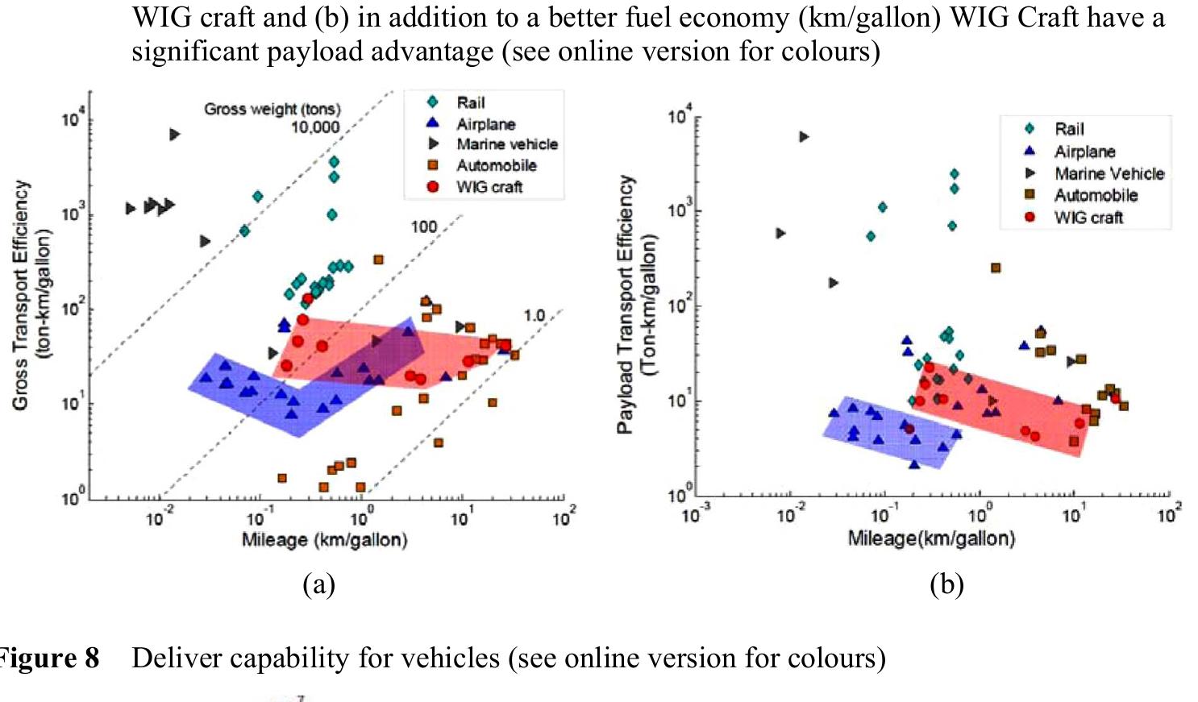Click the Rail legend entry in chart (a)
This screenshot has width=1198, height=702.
pyautogui.click(x=470, y=102)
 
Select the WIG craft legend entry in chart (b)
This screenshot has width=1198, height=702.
pyautogui.click(x=1088, y=218)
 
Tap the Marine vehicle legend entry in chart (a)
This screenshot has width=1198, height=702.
pyautogui.click(x=506, y=144)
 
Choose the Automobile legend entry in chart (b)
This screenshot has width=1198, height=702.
pyautogui.click(x=1096, y=195)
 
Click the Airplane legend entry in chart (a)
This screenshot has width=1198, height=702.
pyautogui.click(x=485, y=124)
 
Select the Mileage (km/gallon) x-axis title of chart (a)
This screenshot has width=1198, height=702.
pyautogui.click(x=324, y=539)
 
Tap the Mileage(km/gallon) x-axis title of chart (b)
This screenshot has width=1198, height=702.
pyautogui.click(x=931, y=538)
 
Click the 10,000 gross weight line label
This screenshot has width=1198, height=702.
pyautogui.click(x=315, y=127)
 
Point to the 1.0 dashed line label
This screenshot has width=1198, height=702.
pyautogui.click(x=535, y=315)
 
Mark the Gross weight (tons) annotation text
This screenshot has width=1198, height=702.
pyautogui.click(x=272, y=109)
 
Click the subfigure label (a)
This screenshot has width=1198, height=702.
pyautogui.click(x=318, y=584)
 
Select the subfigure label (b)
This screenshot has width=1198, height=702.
pyautogui.click(x=946, y=584)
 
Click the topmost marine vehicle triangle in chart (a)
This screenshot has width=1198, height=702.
pyautogui.click(x=175, y=135)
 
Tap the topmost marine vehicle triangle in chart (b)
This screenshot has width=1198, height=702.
pyautogui.click(x=804, y=137)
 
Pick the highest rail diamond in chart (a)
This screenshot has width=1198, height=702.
pyautogui.click(x=334, y=162)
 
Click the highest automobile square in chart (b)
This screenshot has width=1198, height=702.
pyautogui.click(x=996, y=268)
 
